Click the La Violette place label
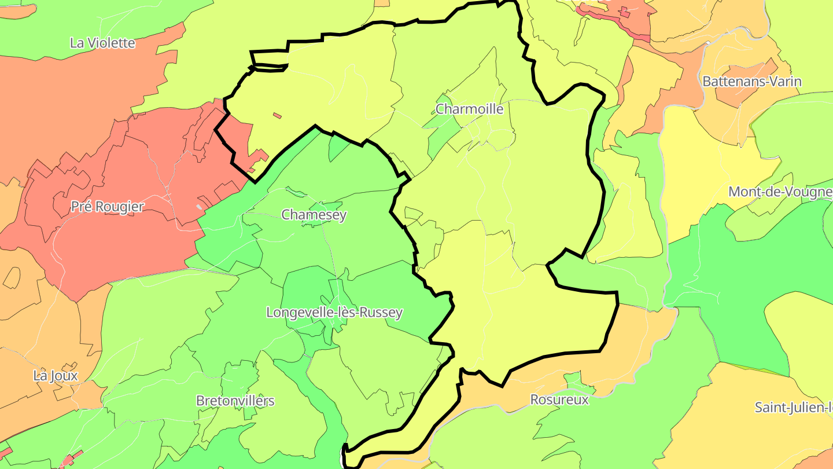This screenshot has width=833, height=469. [x=102, y=43]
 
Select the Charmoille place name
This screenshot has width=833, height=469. [x=469, y=109]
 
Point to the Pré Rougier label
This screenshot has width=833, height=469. [x=108, y=207]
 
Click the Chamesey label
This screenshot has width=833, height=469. [x=314, y=215]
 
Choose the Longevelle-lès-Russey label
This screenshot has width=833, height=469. [x=334, y=313]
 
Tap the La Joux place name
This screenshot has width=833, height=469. [x=56, y=376]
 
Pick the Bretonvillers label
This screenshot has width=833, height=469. [x=235, y=401]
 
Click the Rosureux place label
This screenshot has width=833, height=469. [x=559, y=400]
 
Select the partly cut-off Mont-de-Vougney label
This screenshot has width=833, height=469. [x=780, y=192]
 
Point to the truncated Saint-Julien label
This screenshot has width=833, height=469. [x=793, y=407]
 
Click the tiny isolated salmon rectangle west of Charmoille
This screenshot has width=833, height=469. [x=278, y=116]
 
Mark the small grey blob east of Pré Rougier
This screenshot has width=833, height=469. [x=200, y=207]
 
